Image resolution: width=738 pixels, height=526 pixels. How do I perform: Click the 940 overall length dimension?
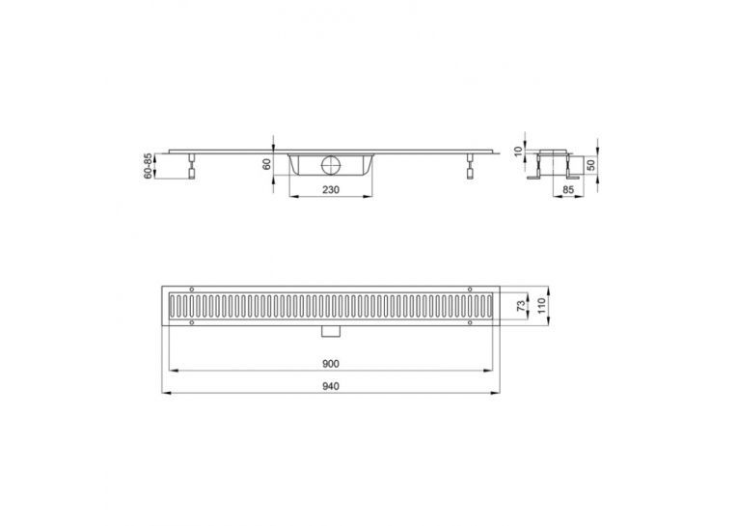pyautogui.click(x=331, y=386)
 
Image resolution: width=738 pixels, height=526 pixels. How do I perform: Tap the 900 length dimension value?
pyautogui.click(x=331, y=364)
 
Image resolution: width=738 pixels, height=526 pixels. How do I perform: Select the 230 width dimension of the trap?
pyautogui.click(x=331, y=190)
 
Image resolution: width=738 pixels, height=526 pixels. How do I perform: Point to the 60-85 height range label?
pyautogui.click(x=148, y=166)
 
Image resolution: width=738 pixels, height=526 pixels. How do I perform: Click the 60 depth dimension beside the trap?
pyautogui.click(x=266, y=165)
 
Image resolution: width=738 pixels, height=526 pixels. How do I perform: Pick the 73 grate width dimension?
pyautogui.click(x=521, y=306)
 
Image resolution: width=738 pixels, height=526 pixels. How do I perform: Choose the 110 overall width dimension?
pyautogui.click(x=541, y=306)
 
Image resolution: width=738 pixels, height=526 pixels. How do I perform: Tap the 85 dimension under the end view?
pyautogui.click(x=568, y=190)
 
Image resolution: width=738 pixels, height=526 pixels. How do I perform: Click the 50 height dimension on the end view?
pyautogui.click(x=591, y=165)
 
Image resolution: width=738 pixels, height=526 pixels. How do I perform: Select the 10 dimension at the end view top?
pyautogui.click(x=519, y=152)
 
